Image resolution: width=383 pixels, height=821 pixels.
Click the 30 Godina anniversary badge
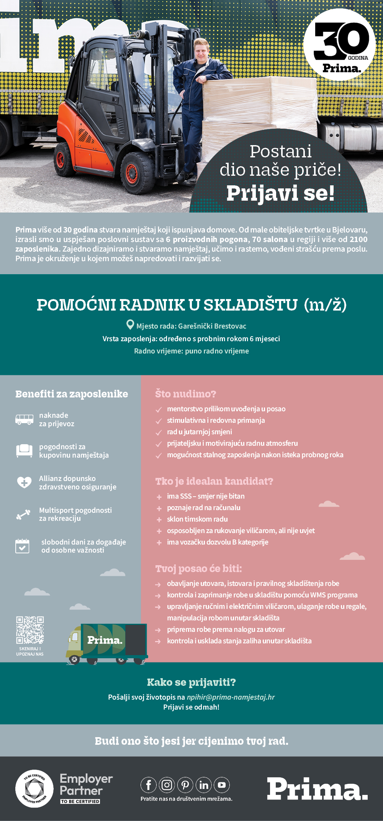click(x=339, y=45)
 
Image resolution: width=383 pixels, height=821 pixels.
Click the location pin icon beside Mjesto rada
click(x=130, y=325)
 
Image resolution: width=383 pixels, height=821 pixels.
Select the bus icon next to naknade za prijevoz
click(x=24, y=419)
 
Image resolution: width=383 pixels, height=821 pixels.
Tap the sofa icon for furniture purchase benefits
click(x=24, y=450)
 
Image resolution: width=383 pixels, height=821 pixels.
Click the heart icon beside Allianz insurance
click(x=24, y=482)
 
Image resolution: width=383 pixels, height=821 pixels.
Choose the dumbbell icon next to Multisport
click(x=23, y=514)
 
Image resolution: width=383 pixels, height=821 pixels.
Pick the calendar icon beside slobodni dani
click(x=23, y=546)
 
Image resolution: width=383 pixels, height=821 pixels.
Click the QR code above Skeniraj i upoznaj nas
click(x=30, y=630)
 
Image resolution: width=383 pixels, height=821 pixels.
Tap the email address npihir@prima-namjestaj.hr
click(x=231, y=697)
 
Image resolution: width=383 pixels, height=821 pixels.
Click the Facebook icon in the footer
click(x=149, y=785)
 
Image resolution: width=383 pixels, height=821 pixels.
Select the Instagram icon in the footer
click(x=167, y=785)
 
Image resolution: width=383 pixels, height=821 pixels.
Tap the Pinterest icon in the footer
click(x=185, y=785)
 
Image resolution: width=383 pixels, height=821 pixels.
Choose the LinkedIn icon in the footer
click(x=204, y=785)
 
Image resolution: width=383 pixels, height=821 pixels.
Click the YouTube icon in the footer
click(x=222, y=785)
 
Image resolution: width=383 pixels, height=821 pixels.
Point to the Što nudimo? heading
click(x=186, y=394)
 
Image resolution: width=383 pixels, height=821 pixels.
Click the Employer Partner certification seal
click(x=34, y=788)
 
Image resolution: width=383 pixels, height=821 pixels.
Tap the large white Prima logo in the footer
click(x=317, y=789)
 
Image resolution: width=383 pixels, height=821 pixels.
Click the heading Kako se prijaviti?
click(x=191, y=682)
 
